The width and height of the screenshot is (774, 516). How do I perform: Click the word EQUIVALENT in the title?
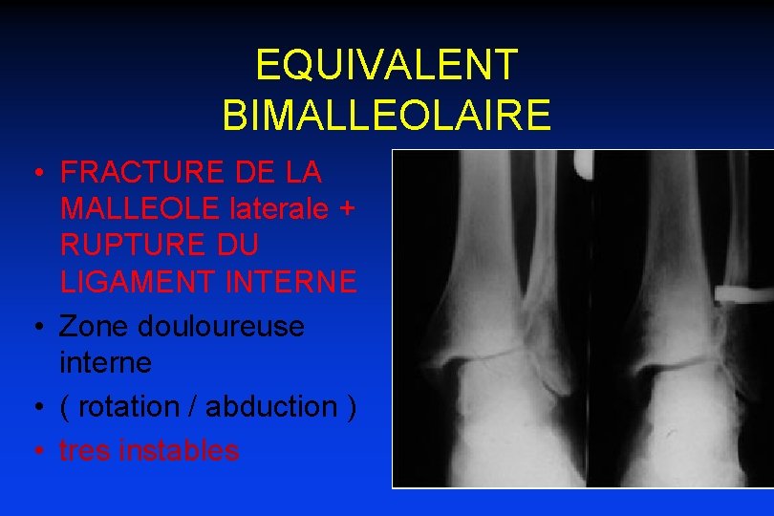[x=386, y=65]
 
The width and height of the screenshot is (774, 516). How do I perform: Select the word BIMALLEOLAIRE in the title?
[x=386, y=115]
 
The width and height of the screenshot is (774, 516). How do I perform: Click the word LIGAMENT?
[x=131, y=282]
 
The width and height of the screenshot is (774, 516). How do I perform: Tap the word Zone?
[x=94, y=326]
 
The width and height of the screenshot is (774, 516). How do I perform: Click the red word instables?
[x=179, y=450]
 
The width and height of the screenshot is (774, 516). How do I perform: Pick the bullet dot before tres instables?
[x=33, y=451]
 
